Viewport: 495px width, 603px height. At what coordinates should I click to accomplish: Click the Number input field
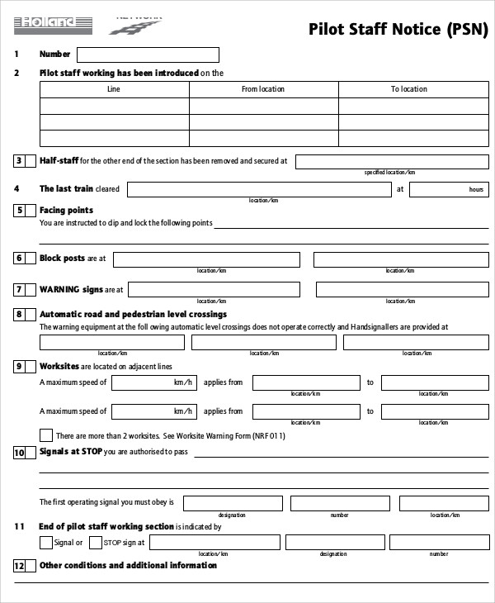pyautogui.click(x=148, y=55)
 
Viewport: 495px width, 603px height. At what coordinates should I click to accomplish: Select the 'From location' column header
pyautogui.click(x=263, y=89)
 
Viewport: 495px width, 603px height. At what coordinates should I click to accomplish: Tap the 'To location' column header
pyautogui.click(x=408, y=89)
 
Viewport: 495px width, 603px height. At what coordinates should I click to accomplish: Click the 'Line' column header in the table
pyautogui.click(x=114, y=89)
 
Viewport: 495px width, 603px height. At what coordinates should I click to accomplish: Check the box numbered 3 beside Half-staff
pyautogui.click(x=19, y=161)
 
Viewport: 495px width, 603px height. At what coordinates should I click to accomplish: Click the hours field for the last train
pyautogui.click(x=450, y=189)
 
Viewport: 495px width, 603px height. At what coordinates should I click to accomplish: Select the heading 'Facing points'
pyautogui.click(x=67, y=211)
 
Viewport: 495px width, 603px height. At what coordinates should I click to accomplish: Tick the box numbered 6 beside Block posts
pyautogui.click(x=19, y=259)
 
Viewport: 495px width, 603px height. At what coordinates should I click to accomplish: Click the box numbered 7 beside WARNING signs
pyautogui.click(x=19, y=290)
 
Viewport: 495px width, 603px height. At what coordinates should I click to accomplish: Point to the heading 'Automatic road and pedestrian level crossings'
pyautogui.click(x=133, y=315)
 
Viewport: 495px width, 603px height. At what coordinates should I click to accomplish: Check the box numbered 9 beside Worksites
pyautogui.click(x=19, y=366)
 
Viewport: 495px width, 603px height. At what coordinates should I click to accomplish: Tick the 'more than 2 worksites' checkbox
pyautogui.click(x=46, y=434)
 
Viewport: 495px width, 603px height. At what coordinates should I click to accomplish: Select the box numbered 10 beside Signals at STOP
pyautogui.click(x=20, y=453)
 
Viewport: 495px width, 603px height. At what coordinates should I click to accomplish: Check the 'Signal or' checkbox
pyautogui.click(x=46, y=543)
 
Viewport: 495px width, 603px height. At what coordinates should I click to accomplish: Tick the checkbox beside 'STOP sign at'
pyautogui.click(x=95, y=543)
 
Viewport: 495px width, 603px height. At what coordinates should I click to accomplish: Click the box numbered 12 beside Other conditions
pyautogui.click(x=20, y=567)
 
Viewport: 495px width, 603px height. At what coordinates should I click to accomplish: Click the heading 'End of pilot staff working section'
pyautogui.click(x=106, y=526)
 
